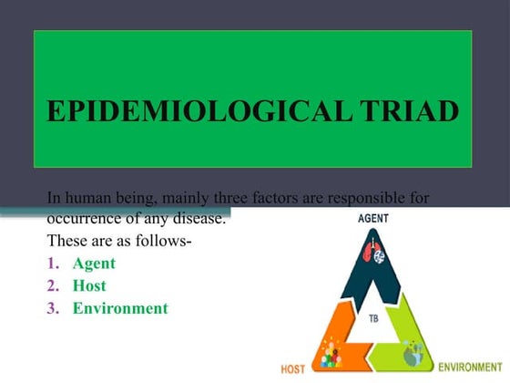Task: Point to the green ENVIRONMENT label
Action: coord(470,367)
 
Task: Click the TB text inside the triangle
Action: coord(374,319)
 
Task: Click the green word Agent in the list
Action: coord(94,264)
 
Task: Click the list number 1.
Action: coord(53,264)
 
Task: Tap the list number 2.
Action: coord(53,285)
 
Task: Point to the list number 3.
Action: coord(53,308)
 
